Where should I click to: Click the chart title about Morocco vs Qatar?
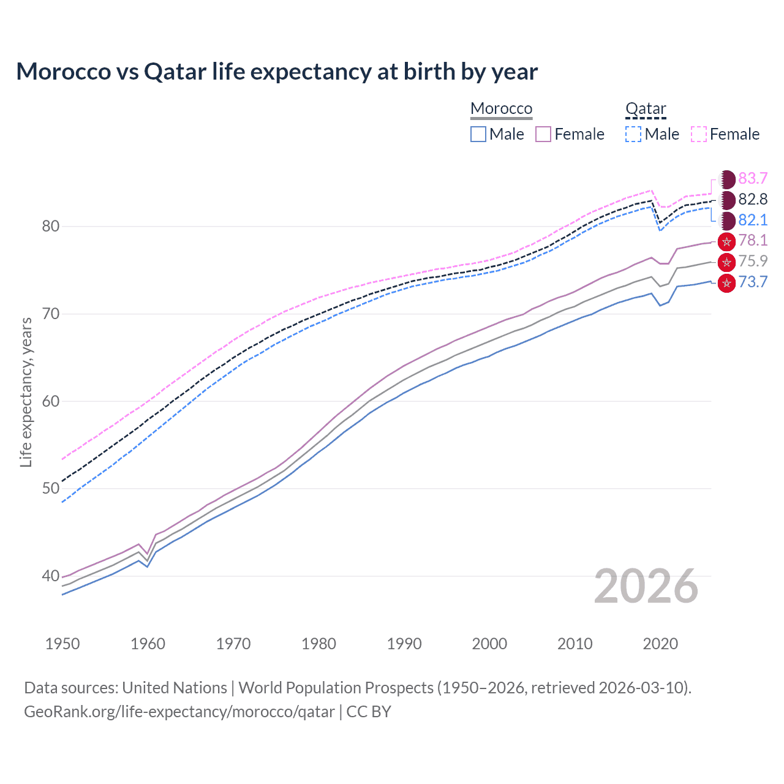[277, 72]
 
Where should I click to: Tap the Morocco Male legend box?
[478, 134]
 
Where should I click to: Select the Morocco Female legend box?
[543, 134]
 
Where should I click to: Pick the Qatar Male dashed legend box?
[633, 134]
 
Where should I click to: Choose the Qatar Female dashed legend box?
[699, 134]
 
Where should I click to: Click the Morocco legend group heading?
[501, 108]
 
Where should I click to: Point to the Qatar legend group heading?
[646, 108]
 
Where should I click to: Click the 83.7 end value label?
[753, 178]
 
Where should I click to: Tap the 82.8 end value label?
[753, 199]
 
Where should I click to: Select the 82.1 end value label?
[753, 220]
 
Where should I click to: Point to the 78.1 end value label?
[753, 240]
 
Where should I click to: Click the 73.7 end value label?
[753, 282]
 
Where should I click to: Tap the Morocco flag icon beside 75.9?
[726, 262]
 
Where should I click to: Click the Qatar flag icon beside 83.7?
[726, 179]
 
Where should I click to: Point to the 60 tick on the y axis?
[51, 401]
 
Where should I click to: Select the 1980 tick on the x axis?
[318, 644]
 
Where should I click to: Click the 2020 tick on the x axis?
[660, 644]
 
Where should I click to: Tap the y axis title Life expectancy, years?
[26, 392]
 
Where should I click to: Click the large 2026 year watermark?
[646, 586]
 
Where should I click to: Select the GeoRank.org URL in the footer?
[179, 712]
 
